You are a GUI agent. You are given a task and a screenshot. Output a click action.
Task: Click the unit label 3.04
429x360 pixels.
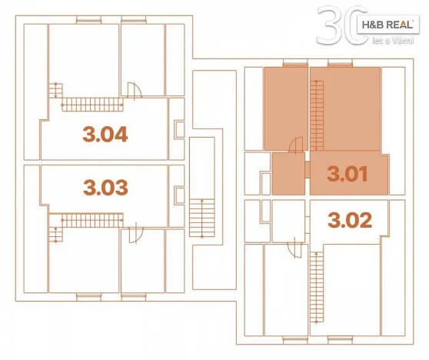pyautogui.click(x=105, y=135)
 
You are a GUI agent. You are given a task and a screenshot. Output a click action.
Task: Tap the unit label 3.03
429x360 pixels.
pyautogui.click(x=105, y=186)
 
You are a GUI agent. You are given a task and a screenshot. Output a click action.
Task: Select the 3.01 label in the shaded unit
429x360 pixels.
pyautogui.click(x=348, y=173)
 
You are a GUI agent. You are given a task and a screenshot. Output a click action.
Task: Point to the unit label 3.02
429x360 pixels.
pyautogui.click(x=349, y=221)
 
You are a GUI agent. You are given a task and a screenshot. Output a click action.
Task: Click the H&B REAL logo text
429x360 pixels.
pyautogui.click(x=386, y=25)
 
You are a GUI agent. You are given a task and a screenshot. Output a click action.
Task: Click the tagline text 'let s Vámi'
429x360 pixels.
pyautogui.click(x=387, y=39)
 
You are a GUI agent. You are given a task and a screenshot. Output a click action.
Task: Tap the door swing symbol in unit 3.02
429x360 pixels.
pyautogui.click(x=295, y=248)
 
